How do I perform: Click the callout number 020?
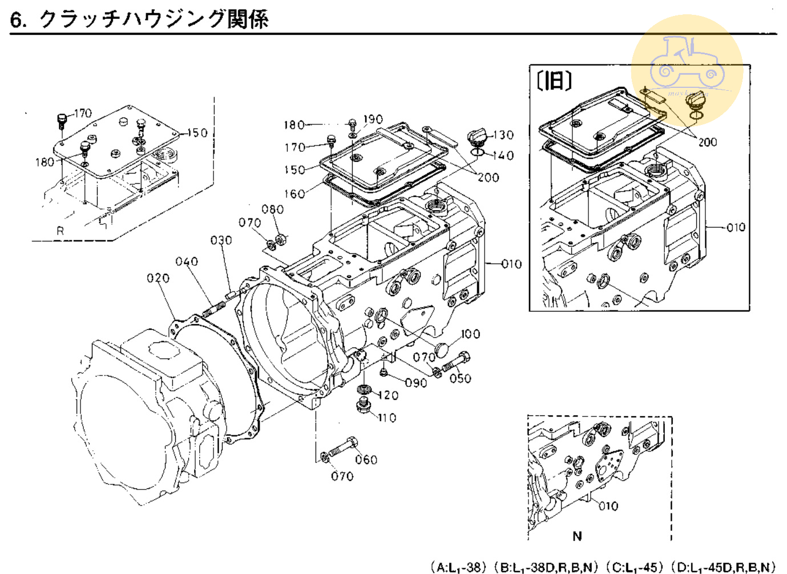click(x=158, y=278)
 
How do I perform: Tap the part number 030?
click(x=221, y=240)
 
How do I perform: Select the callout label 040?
click(x=187, y=261)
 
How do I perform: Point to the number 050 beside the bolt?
click(x=460, y=378)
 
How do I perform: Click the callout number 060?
click(x=366, y=459)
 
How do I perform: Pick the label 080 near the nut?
click(x=272, y=209)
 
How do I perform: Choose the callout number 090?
click(x=415, y=382)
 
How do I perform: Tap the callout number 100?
click(x=470, y=334)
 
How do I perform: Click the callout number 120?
click(x=388, y=395)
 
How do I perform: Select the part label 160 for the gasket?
click(x=294, y=194)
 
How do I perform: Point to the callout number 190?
click(x=373, y=119)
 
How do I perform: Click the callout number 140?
click(x=503, y=155)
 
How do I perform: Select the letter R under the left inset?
click(x=60, y=231)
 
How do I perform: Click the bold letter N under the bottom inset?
click(x=577, y=536)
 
